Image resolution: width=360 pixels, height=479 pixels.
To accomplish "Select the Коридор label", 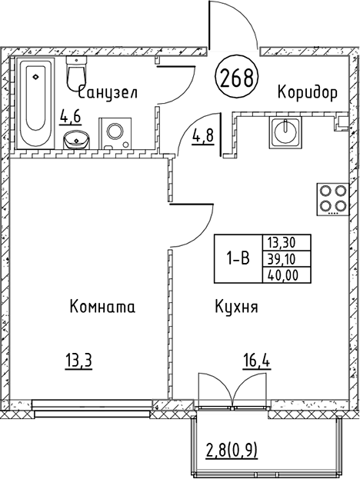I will point(308,93).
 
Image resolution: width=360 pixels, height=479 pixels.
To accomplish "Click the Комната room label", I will point(102,307).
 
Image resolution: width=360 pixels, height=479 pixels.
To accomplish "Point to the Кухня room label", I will point(236,307).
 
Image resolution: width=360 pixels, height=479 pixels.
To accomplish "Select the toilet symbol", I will point(76,75).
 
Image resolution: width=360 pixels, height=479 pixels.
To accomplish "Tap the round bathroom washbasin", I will point(75,139).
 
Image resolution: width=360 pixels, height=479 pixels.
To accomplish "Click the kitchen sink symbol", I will point(284,132).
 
